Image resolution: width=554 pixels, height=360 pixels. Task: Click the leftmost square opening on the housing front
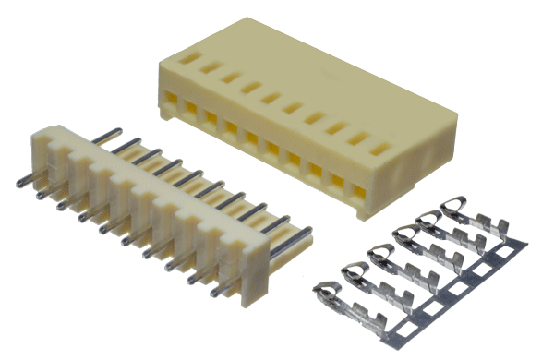pos(172,97)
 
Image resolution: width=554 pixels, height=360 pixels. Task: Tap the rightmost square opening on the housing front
pos(359,191)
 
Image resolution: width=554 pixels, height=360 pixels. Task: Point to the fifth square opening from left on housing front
pos(252,138)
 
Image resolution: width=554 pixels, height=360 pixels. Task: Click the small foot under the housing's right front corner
pos(362,215)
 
